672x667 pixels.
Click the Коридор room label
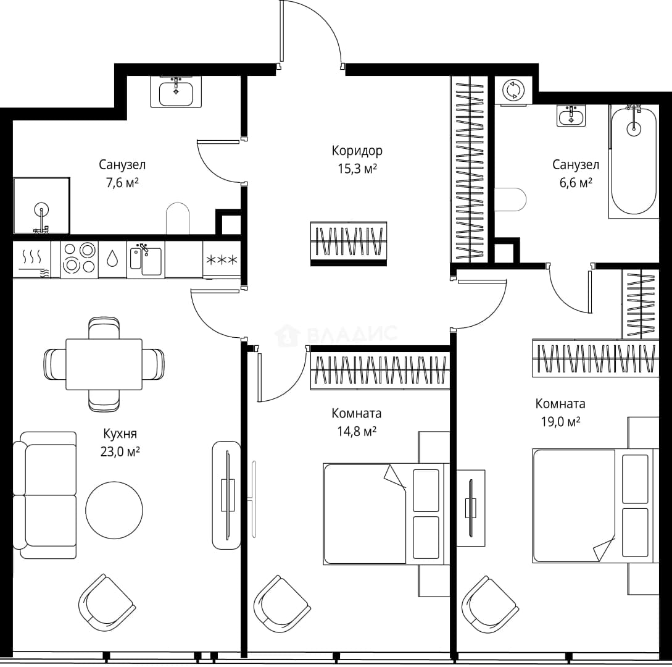[357, 151]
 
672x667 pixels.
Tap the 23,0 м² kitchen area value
[120, 451]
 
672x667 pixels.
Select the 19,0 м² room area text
[560, 422]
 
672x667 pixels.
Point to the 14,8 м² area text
[357, 431]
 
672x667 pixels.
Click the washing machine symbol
[513, 91]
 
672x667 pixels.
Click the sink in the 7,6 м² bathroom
[176, 92]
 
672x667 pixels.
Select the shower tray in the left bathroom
[41, 206]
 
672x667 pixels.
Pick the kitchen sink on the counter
[146, 260]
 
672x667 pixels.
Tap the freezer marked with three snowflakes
[221, 259]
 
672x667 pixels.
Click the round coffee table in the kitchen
[114, 510]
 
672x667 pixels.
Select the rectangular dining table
[104, 364]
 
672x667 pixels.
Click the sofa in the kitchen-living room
[44, 495]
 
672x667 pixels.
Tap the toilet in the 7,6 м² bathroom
[178, 219]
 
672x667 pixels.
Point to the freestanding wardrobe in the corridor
[349, 243]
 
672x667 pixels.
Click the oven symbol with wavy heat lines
[32, 259]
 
